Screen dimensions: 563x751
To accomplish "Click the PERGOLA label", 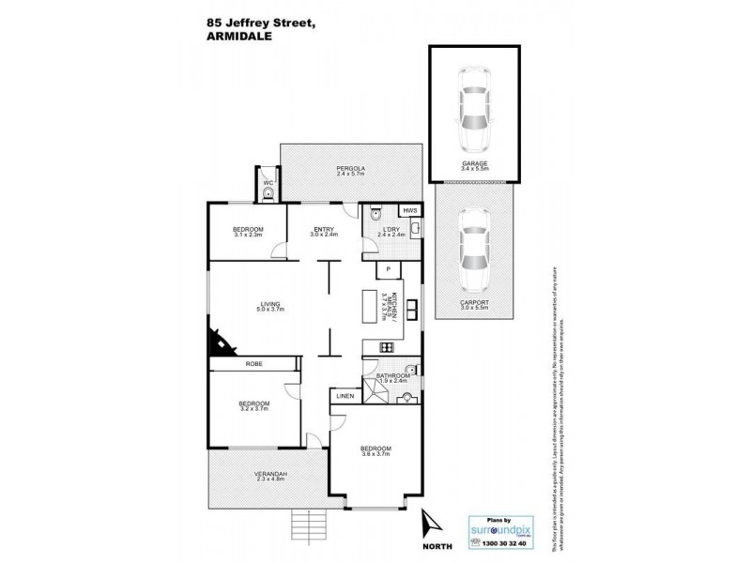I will [x=350, y=170].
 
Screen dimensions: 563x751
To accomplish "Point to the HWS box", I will [x=409, y=211].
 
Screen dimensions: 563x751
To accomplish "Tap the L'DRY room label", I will [x=392, y=232].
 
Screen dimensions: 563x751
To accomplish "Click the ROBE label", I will [x=253, y=363].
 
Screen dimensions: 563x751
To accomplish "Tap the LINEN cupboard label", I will [x=343, y=398].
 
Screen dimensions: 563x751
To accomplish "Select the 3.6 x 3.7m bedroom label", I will [x=375, y=450].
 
